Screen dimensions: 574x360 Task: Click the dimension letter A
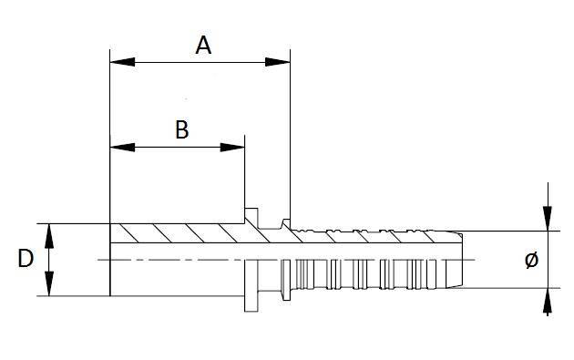[x=204, y=45]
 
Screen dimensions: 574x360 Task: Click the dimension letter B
[x=181, y=129]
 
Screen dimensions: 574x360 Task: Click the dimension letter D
[x=26, y=259]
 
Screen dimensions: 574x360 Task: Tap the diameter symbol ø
[x=532, y=261]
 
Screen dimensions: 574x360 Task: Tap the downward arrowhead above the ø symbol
[x=547, y=219]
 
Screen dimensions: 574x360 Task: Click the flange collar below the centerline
[x=250, y=287]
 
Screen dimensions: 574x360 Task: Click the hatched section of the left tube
[x=178, y=233]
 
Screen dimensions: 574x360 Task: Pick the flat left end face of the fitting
[x=109, y=260]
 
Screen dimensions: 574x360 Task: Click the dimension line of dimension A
[x=200, y=62]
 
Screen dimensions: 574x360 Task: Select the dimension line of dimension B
[x=178, y=146]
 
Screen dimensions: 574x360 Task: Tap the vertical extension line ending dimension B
[x=244, y=173]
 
